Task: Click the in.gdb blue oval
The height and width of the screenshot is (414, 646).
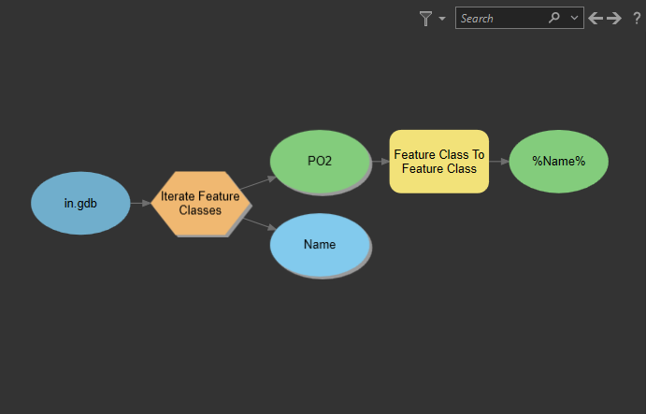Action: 80,203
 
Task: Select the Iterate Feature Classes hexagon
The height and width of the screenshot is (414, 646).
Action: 201,203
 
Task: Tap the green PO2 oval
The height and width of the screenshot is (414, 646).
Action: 320,161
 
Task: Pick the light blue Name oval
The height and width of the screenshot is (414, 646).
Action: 320,244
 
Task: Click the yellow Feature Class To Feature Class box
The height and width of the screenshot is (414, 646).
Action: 438,162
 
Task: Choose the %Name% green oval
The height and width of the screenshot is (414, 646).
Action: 559,161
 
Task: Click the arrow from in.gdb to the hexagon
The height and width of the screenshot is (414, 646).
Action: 140,203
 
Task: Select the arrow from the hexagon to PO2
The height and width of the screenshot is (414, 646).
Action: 258,182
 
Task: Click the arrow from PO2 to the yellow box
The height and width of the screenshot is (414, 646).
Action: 380,161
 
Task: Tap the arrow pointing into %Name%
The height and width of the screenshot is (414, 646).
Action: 499,161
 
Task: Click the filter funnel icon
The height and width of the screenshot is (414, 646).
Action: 426,18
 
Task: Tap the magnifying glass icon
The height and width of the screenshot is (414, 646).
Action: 554,18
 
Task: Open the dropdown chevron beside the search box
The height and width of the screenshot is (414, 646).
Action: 574,18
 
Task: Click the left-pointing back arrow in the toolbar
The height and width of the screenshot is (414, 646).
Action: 596,18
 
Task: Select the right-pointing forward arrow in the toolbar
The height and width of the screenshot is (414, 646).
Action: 614,18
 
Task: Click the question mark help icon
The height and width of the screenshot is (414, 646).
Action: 637,18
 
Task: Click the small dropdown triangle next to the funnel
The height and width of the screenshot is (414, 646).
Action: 442,19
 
